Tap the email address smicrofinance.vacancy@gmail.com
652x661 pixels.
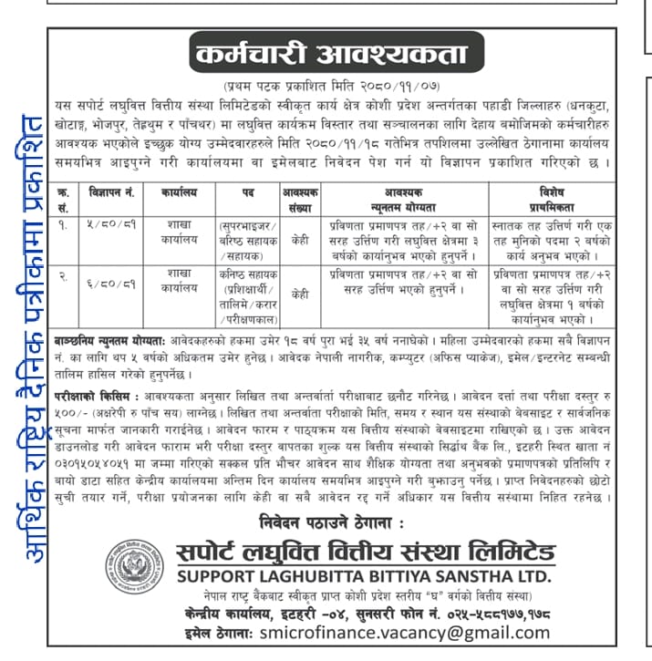(391, 632)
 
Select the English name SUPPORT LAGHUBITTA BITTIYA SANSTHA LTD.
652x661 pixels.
(364, 576)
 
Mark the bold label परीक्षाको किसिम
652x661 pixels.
(93, 398)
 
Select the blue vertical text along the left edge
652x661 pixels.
(35, 337)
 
